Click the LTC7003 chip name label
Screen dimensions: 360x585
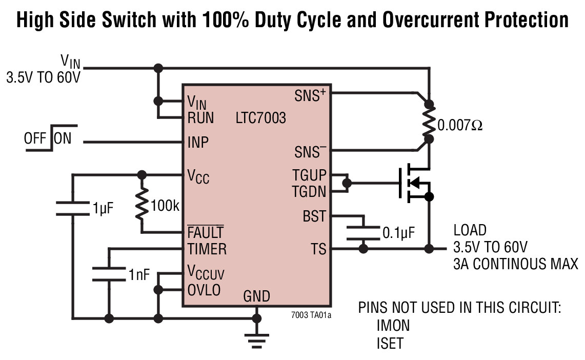pos(261,118)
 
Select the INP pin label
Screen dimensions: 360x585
pos(198,142)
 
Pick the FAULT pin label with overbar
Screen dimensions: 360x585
pos(206,232)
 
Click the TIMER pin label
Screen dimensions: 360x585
pos(207,249)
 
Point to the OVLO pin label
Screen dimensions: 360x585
pos(204,290)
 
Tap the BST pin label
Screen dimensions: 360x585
pos(314,216)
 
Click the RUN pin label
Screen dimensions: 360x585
pos(200,118)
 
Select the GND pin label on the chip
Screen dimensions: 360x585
pos(256,296)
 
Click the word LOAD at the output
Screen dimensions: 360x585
pos(470,230)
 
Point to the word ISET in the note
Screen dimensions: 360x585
pos(390,343)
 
